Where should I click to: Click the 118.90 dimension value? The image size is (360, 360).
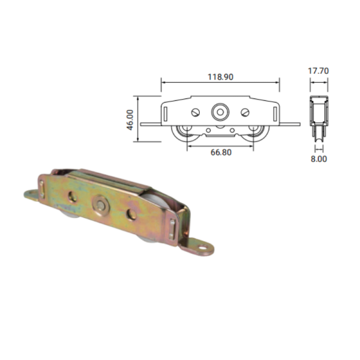click(x=220, y=77)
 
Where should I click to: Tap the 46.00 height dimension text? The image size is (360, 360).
click(x=130, y=120)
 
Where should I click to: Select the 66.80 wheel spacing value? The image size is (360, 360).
click(x=221, y=152)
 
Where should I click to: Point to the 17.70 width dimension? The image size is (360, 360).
click(x=318, y=71)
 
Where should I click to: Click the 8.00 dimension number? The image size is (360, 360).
click(x=319, y=159)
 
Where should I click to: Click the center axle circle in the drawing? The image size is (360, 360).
click(x=220, y=112)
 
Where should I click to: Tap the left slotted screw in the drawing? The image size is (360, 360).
click(x=196, y=113)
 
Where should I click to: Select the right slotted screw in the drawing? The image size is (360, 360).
click(x=245, y=113)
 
